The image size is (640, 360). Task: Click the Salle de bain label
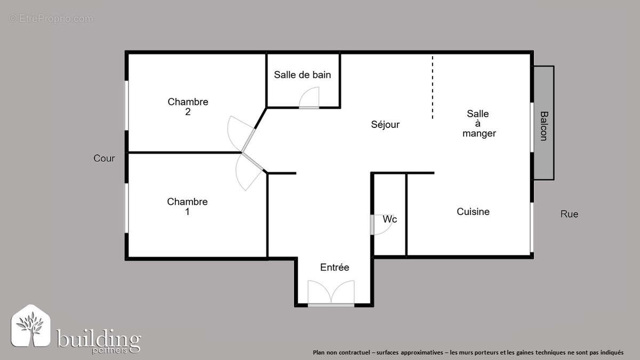302,75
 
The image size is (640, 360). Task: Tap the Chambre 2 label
188,107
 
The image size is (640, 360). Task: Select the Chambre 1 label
187,206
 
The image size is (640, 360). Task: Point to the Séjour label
385,124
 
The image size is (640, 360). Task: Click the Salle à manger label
478,123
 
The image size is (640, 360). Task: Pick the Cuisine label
473,212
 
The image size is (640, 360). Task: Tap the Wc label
390,219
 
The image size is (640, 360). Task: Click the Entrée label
334,267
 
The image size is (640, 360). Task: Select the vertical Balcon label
543,126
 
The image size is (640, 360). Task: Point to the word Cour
104,158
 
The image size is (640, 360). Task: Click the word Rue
569,214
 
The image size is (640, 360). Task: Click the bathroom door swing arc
309,98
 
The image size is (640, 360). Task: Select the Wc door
381,225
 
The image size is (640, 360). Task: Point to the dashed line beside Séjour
433,87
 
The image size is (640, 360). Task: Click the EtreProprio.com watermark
51,19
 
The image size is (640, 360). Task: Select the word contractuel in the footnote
356,353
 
